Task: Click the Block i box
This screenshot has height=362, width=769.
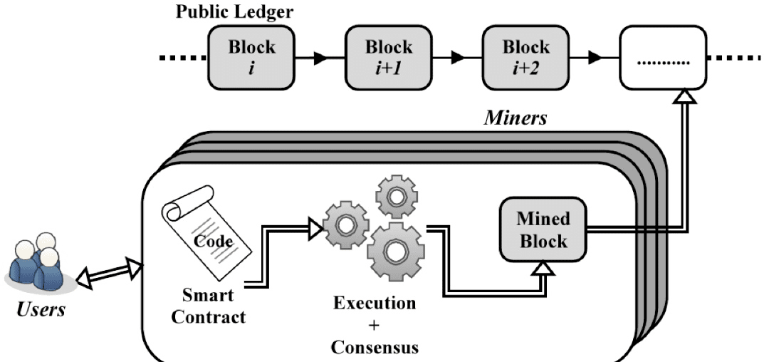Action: click(251, 58)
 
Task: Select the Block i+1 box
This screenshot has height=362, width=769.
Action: click(389, 58)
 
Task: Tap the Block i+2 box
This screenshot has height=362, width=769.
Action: click(525, 58)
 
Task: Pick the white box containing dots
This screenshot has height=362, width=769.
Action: click(663, 58)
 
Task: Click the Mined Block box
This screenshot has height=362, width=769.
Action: click(543, 229)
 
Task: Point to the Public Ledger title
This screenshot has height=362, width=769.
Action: click(234, 11)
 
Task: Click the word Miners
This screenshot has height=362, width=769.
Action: click(515, 118)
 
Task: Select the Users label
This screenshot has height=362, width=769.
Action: click(41, 309)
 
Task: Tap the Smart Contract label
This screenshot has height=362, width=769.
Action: click(209, 306)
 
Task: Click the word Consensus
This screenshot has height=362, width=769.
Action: click(375, 347)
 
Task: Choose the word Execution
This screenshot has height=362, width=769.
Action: click(375, 303)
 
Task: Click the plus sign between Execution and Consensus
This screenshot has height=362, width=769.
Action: click(374, 325)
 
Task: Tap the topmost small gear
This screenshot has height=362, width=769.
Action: click(396, 197)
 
